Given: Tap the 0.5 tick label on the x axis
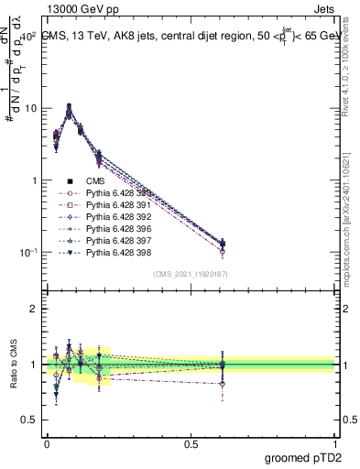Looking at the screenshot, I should point(191,442).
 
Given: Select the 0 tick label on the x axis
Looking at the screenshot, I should point(47,442).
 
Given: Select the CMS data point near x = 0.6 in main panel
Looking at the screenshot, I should point(224,244).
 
